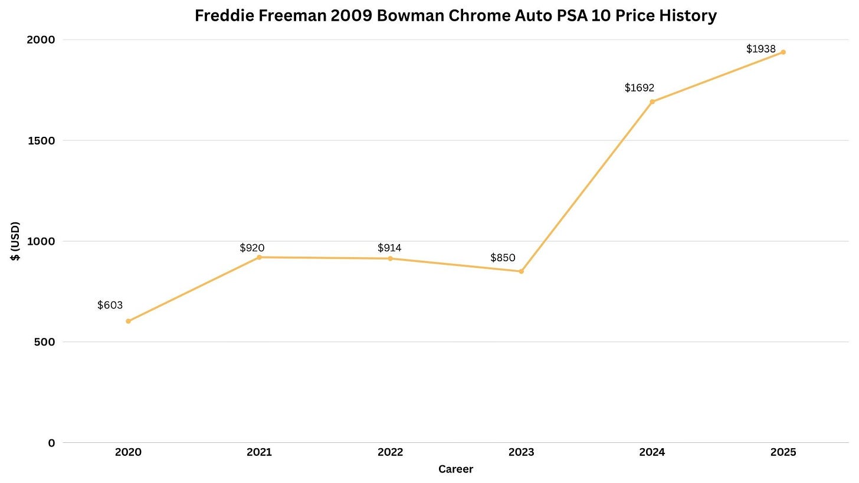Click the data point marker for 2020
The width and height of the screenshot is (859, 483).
pos(128,321)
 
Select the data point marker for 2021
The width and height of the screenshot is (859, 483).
pos(259,257)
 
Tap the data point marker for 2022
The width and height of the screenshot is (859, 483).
pos(391,258)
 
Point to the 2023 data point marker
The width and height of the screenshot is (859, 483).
pos(522,271)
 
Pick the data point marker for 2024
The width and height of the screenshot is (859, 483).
pos(653,101)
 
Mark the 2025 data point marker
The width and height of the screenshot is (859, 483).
pos(783,52)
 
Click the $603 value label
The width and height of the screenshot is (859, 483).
pos(110,305)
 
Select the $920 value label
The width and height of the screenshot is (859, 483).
pos(252,248)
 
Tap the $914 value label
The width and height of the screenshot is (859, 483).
pos(389,248)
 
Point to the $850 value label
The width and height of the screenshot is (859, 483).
pos(503,258)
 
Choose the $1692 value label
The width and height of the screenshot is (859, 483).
pos(640,88)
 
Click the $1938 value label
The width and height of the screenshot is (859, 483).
pos(761,49)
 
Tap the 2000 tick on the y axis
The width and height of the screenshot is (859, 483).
pos(41,40)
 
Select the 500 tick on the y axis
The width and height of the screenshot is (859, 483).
pos(44,342)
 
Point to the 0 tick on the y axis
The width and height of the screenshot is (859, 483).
pos(52,443)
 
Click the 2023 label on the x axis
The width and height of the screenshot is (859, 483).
pos(522,452)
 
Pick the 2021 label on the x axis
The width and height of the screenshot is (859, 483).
pos(259,452)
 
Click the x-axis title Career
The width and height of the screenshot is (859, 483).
pos(455,469)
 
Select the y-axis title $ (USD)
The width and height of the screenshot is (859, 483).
pos(15,241)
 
